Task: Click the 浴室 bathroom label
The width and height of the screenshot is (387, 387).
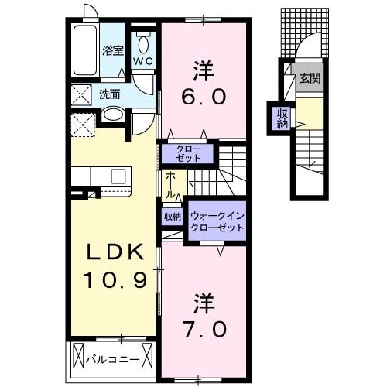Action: tap(113, 50)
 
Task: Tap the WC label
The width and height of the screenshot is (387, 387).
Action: tap(143, 61)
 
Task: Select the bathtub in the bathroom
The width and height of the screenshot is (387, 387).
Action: tap(85, 50)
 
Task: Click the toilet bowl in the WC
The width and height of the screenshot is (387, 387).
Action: tap(143, 44)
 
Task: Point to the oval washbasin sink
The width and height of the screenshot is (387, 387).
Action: tap(113, 114)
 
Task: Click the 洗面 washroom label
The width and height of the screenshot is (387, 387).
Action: tap(110, 94)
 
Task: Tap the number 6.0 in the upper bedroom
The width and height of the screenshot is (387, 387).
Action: tap(204, 97)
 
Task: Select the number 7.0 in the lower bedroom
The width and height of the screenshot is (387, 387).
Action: tap(204, 330)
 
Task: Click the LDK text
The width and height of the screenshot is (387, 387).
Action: tap(115, 252)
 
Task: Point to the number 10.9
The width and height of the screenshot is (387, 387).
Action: tap(115, 280)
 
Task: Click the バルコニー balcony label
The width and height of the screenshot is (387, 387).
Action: tap(113, 359)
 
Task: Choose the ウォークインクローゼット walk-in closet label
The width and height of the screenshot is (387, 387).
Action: tap(217, 221)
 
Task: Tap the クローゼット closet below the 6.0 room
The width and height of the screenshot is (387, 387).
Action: tap(188, 153)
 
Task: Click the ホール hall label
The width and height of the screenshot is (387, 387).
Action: tap(171, 185)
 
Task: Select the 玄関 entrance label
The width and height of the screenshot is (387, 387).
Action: tap(310, 78)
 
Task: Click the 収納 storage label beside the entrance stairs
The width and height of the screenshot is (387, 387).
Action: tap(283, 118)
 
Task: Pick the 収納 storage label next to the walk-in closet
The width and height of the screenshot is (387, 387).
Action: tap(173, 217)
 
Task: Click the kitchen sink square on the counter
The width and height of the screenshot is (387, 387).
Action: tap(118, 176)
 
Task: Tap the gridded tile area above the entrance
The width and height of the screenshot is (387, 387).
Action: tap(305, 33)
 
